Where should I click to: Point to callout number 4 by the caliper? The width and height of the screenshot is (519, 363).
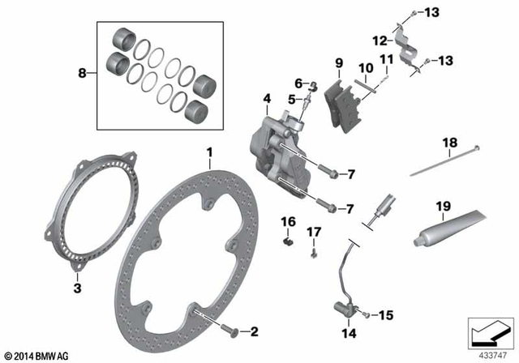pos(266,100)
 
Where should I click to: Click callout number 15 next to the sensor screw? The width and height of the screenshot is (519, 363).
pos(385,314)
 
